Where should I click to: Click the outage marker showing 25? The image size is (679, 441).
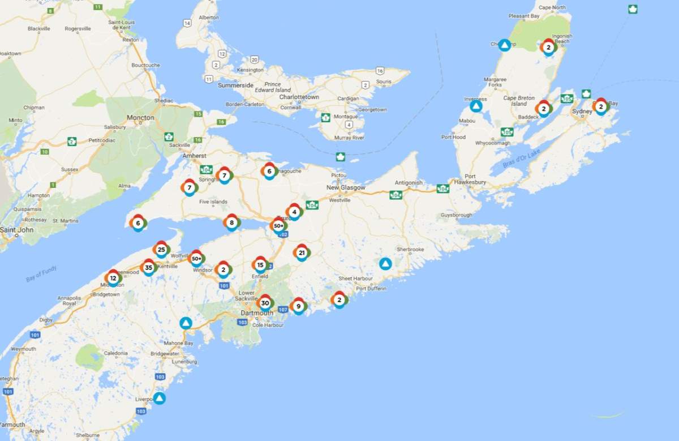(x=161, y=249)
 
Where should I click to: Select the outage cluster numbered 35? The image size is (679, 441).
(x=149, y=267)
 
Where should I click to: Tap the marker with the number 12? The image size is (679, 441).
(x=113, y=278)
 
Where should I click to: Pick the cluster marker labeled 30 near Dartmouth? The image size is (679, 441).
(x=265, y=303)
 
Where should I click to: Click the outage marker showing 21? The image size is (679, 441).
(x=302, y=252)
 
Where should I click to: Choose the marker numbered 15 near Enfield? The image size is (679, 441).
(x=260, y=264)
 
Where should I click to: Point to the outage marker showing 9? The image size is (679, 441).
(x=298, y=306)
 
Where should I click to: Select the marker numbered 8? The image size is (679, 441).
(x=231, y=222)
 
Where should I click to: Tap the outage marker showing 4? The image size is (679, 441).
(x=294, y=212)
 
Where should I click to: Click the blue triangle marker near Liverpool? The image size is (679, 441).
(x=160, y=398)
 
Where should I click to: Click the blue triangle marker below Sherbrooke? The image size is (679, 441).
(x=385, y=263)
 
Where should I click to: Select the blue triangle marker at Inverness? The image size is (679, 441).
(x=476, y=106)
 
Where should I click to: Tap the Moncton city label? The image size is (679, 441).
(x=140, y=118)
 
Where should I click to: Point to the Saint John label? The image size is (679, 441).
(x=17, y=230)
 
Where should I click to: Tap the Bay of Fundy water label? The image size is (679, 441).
(x=41, y=274)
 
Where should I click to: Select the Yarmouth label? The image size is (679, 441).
(x=12, y=424)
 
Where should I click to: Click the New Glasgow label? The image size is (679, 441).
(x=346, y=187)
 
